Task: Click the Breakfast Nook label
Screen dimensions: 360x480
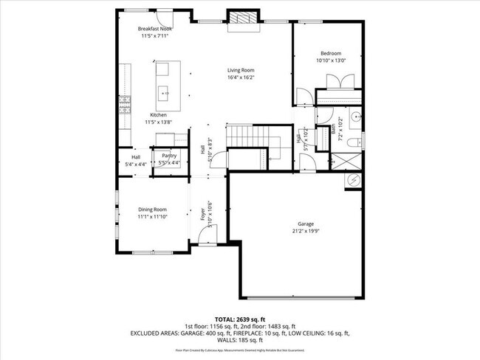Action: [x=155, y=28]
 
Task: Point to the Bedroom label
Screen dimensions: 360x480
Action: [x=330, y=53]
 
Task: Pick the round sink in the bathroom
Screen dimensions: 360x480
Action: [x=356, y=116]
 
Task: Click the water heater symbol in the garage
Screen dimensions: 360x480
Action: [x=353, y=180]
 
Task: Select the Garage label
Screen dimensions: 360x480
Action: [x=298, y=224]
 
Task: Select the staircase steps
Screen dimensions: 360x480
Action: [x=240, y=136]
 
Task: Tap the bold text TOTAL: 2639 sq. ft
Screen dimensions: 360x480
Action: [x=240, y=319]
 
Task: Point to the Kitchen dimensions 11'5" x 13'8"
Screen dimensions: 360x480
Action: [x=159, y=122]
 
